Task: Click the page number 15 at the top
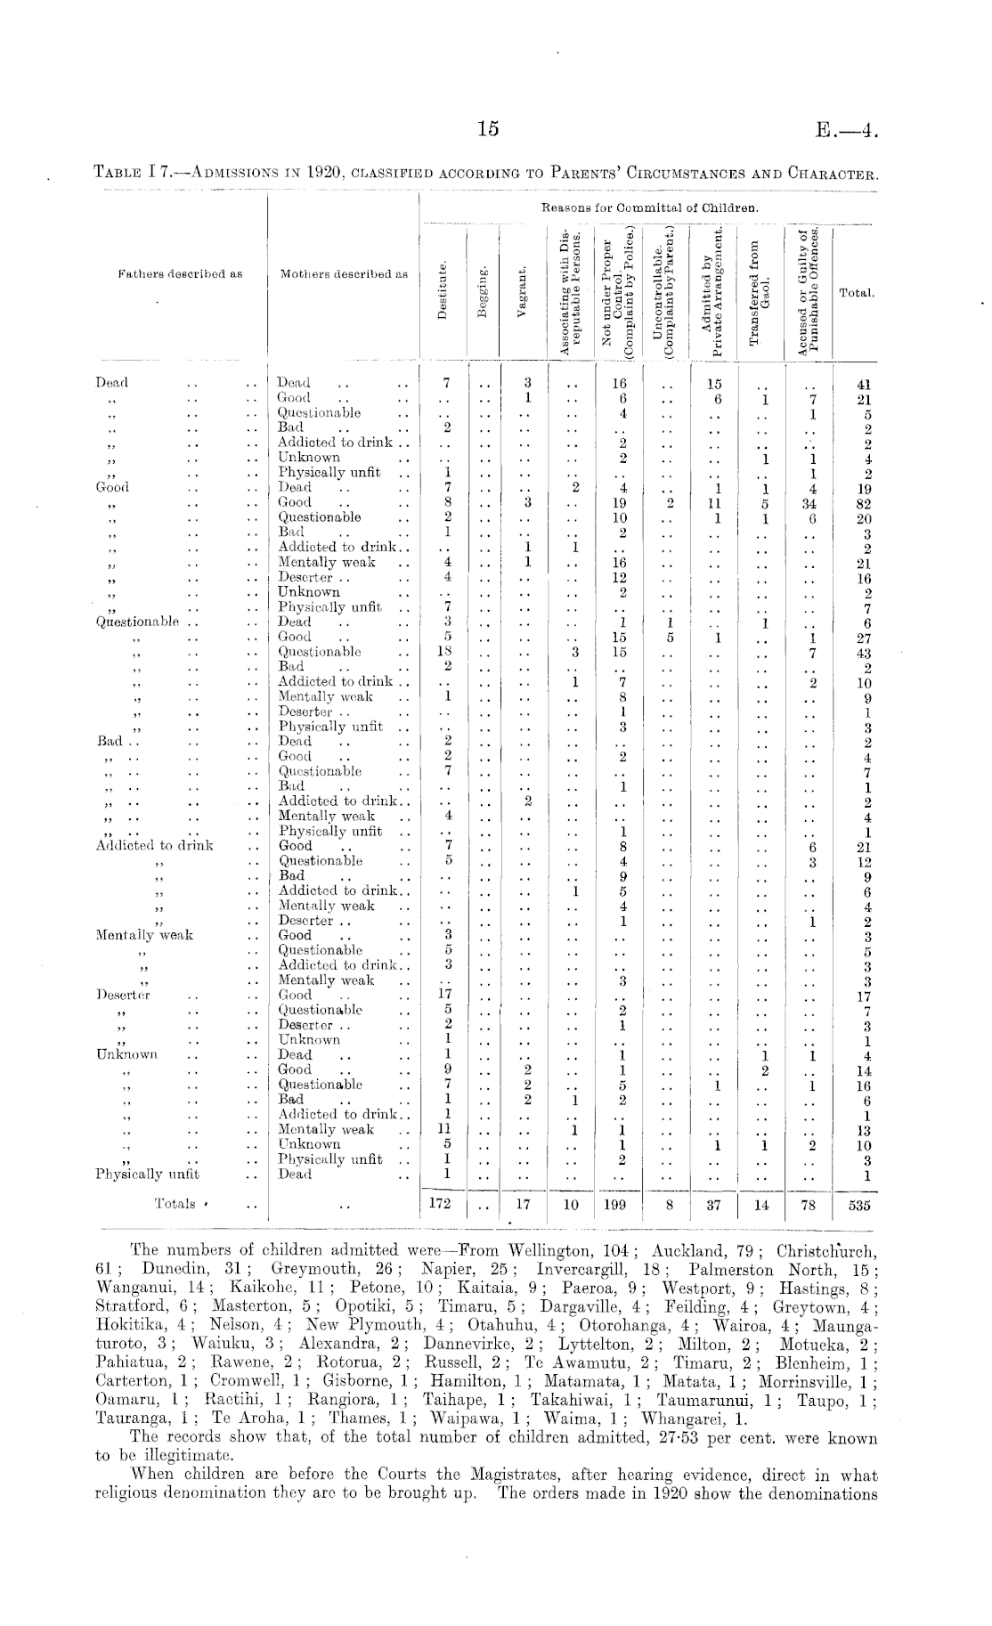click(486, 128)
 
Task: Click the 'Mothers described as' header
click(343, 274)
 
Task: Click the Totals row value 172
click(442, 1204)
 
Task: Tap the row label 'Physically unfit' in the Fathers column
click(147, 1175)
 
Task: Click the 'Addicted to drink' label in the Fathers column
click(154, 845)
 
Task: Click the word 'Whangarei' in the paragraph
click(692, 1418)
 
